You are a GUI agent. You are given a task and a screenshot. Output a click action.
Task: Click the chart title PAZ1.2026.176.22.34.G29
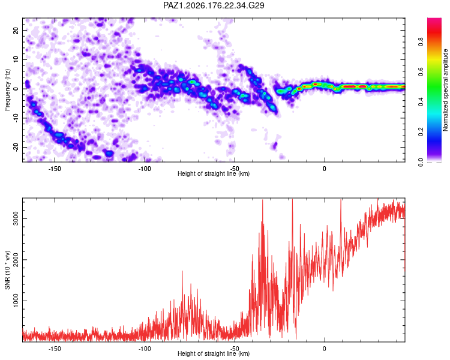coord(214,5)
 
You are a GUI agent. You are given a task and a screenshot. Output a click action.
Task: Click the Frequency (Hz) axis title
coord(7,90)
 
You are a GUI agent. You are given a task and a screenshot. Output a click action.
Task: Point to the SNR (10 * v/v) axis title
coord(7,270)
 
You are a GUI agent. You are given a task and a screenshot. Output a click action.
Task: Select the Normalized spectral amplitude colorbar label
coord(445,90)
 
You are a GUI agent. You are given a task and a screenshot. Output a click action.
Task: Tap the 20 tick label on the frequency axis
coord(16,30)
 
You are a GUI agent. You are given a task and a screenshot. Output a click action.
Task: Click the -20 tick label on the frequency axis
coord(16,147)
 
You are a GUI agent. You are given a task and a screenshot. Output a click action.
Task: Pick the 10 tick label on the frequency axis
coord(16,59)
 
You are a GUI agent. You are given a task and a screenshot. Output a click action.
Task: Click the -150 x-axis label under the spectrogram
coord(55,169)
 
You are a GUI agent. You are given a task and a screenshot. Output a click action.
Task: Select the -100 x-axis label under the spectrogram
coord(145,169)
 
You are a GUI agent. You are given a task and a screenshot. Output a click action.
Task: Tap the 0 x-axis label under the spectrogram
coord(324,169)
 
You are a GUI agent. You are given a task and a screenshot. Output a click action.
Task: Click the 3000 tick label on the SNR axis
coord(16,219)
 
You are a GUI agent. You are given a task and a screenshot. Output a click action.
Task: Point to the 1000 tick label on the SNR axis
coord(16,301)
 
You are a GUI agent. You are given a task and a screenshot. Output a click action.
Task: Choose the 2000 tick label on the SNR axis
coord(16,260)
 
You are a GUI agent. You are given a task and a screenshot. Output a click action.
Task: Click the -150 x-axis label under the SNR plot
coord(55,349)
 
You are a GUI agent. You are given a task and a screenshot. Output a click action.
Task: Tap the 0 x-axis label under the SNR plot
coord(324,349)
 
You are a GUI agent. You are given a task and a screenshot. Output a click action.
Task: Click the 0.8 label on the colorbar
coord(421,41)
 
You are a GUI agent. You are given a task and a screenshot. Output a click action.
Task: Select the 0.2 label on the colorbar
coord(421,131)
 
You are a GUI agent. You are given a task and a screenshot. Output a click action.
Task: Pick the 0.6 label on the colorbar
coord(421,71)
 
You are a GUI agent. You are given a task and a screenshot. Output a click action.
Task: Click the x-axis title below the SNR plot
coord(214,353)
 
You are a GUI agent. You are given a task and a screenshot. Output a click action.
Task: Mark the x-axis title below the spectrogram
coord(214,173)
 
